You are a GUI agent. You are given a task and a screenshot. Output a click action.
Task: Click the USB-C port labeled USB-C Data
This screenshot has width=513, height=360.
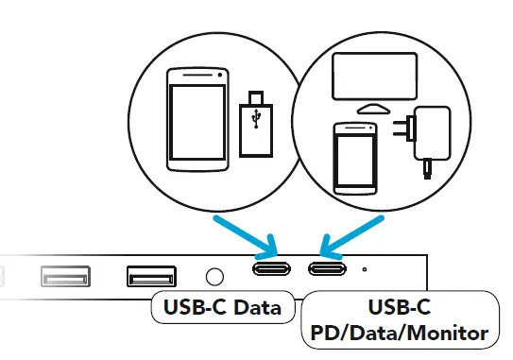click(274, 268)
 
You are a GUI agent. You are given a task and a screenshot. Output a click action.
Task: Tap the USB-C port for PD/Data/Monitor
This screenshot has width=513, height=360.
click(328, 268)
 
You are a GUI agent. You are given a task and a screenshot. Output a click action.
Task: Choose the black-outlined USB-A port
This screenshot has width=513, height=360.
click(151, 277)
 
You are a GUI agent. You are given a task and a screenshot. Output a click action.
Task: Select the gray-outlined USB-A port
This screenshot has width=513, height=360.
click(65, 277)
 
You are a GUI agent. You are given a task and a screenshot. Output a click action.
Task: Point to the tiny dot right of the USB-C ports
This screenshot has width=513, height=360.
click(365, 268)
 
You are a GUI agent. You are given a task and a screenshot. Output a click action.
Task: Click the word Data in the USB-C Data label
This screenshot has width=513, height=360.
click(257, 307)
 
